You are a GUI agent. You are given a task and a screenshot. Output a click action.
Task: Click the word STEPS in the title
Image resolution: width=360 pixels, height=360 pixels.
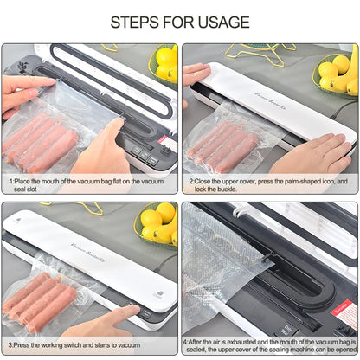(x=139, y=22)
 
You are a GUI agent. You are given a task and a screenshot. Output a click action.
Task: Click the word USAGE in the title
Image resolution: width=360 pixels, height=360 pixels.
(x=220, y=22)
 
